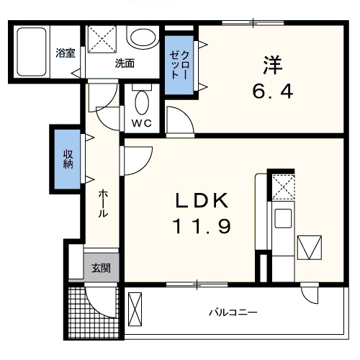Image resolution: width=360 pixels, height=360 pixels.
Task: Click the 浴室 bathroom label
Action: pos(66,52)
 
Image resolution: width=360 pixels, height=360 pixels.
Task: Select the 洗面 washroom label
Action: pos(124,63)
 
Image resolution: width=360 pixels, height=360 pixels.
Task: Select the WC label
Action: pos(142,123)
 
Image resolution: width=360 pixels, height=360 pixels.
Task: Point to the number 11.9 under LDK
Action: pos(201,228)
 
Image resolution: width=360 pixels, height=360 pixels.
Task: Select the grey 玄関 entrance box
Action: pos(101,268)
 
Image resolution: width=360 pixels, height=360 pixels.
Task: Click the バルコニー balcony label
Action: pos(233,312)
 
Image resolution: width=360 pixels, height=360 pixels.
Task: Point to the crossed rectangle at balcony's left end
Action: pos(135,309)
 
